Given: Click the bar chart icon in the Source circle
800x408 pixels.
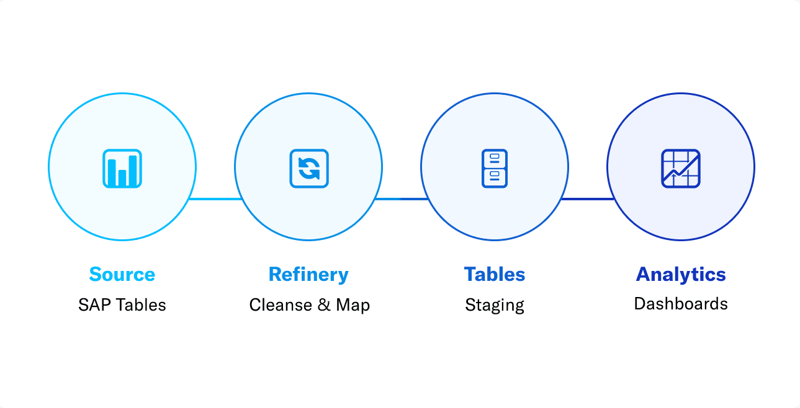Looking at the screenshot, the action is (122, 169).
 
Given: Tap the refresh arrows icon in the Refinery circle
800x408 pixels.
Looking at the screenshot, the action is (309, 169).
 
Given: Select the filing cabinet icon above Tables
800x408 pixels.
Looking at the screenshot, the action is (495, 169).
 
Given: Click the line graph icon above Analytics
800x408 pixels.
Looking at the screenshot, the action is (681, 169).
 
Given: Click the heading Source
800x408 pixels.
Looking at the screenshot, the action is (122, 274).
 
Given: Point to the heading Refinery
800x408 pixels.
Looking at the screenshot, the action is (308, 275).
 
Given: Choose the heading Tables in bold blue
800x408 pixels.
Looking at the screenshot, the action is (495, 274).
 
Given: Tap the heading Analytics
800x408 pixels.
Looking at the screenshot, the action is (681, 275).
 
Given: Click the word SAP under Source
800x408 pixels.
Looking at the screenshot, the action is (94, 305).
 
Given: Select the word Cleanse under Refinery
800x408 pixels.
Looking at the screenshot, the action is (281, 305).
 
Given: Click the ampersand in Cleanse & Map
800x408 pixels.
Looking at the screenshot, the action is (324, 305).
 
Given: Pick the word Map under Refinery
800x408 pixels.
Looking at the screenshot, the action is (353, 306).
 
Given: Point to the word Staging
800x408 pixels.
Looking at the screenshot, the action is (495, 306).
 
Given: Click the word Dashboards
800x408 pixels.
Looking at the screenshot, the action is (681, 304).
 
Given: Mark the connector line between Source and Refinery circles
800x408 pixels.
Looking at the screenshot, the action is (216, 199).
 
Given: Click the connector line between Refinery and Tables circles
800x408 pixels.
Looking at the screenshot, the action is (402, 199).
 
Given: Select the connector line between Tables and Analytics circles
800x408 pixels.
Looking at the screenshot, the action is (588, 199).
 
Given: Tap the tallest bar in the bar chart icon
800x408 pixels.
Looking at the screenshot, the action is (133, 171).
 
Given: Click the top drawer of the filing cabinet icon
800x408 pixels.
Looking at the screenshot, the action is (495, 159).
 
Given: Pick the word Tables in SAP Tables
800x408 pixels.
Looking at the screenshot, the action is (142, 305).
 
